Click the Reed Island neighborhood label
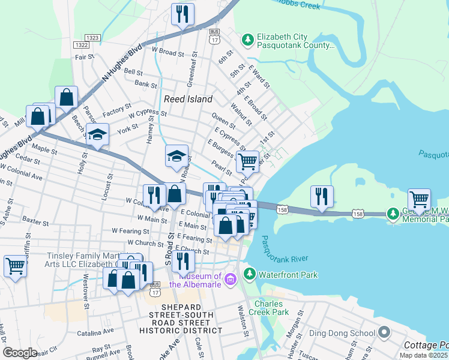[188, 99]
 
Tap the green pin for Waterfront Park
[249, 275]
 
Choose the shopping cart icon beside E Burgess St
[247, 161]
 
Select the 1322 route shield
[80, 45]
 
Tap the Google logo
[20, 353]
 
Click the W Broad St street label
[167, 53]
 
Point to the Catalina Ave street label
[95, 331]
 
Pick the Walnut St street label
[243, 114]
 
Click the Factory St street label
[112, 113]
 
